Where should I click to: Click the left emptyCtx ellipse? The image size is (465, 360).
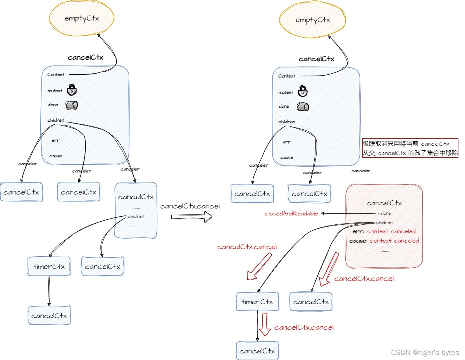pyautogui.click(x=82, y=18)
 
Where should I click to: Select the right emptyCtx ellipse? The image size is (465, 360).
pyautogui.click(x=312, y=20)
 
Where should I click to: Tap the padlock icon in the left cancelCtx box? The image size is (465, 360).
pyautogui.click(x=72, y=90)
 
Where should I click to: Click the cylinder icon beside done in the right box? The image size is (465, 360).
pyautogui.click(x=303, y=107)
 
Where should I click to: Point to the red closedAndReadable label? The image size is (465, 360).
pyautogui.click(x=291, y=214)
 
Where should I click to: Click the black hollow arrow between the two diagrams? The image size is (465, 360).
pyautogui.click(x=192, y=217)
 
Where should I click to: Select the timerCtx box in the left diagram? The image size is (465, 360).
pyautogui.click(x=49, y=267)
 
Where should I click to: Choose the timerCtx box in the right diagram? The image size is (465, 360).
pyautogui.click(x=257, y=302)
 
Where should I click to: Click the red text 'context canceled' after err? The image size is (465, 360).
pyautogui.click(x=391, y=231)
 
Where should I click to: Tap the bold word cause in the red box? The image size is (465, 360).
pyautogui.click(x=358, y=241)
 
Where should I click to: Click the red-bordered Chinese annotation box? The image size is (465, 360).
pyautogui.click(x=410, y=148)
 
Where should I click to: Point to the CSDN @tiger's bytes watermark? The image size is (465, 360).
pyautogui.click(x=425, y=352)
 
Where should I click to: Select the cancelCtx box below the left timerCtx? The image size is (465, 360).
pyautogui.click(x=49, y=315)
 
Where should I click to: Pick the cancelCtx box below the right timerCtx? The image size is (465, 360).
pyautogui.click(x=257, y=351)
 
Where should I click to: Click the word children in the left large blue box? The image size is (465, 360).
pyautogui.click(x=56, y=120)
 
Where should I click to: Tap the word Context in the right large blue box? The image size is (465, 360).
pyautogui.click(x=287, y=76)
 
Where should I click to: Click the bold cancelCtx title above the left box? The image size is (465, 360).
pyautogui.click(x=85, y=57)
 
